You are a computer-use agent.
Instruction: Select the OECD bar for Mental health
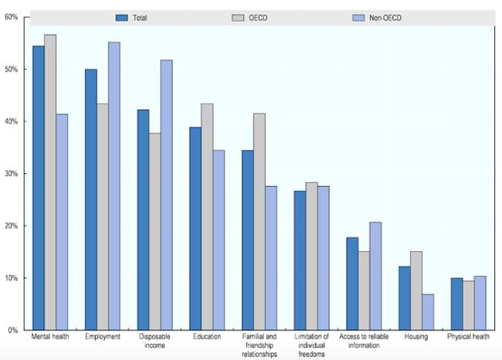(49, 182)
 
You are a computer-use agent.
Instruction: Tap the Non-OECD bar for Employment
(114, 185)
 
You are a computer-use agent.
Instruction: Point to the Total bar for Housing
(405, 298)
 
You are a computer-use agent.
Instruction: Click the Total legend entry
(136, 16)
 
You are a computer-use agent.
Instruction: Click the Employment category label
(102, 338)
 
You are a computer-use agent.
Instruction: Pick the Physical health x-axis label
(469, 338)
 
